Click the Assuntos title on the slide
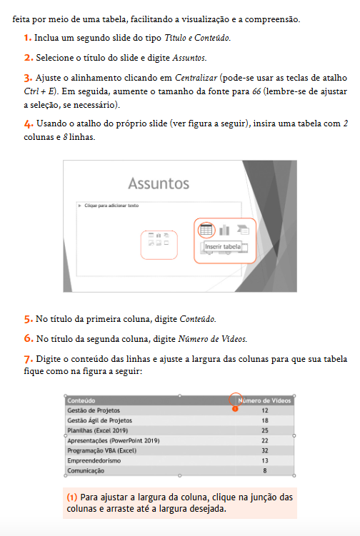pyautogui.click(x=158, y=183)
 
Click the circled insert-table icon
pyautogui.click(x=206, y=230)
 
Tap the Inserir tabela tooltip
pyautogui.click(x=223, y=247)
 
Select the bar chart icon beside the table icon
pyautogui.click(x=224, y=230)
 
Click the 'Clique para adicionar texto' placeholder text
pyautogui.click(x=111, y=206)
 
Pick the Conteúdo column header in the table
pyautogui.click(x=81, y=401)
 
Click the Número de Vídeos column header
pyautogui.click(x=265, y=401)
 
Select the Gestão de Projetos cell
pyautogui.click(x=94, y=411)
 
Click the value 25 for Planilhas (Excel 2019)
pyautogui.click(x=264, y=431)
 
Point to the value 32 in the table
pyautogui.click(x=264, y=451)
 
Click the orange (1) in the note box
pyautogui.click(x=71, y=497)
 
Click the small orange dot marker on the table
pyautogui.click(x=236, y=409)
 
